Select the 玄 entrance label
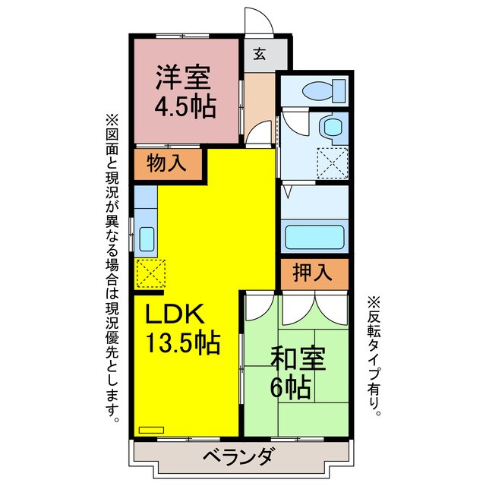tap(260, 54)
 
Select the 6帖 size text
tap(291, 388)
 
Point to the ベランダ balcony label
tap(238, 457)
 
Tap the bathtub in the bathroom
tap(314, 238)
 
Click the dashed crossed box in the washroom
tap(332, 161)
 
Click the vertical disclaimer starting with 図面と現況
tap(112, 266)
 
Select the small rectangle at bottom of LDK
tap(154, 428)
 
